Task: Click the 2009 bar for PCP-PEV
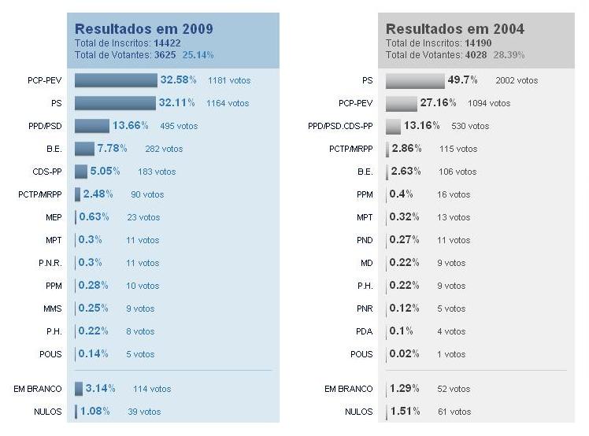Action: click(x=116, y=80)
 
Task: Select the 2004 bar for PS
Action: click(x=415, y=80)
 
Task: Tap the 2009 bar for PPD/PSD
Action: click(x=92, y=126)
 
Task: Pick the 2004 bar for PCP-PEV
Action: click(x=401, y=103)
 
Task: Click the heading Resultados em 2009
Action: click(x=143, y=29)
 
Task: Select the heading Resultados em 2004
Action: click(x=454, y=29)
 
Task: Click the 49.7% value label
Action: click(x=462, y=80)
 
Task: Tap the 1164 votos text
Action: click(x=228, y=103)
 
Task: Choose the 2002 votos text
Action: click(x=517, y=80)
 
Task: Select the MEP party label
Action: click(x=54, y=217)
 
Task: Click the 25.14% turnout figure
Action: click(x=198, y=55)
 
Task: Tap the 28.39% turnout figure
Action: click(x=509, y=55)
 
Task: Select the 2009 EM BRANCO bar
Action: click(x=79, y=389)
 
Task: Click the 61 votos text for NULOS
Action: click(x=454, y=412)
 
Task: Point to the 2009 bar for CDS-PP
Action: click(x=81, y=172)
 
